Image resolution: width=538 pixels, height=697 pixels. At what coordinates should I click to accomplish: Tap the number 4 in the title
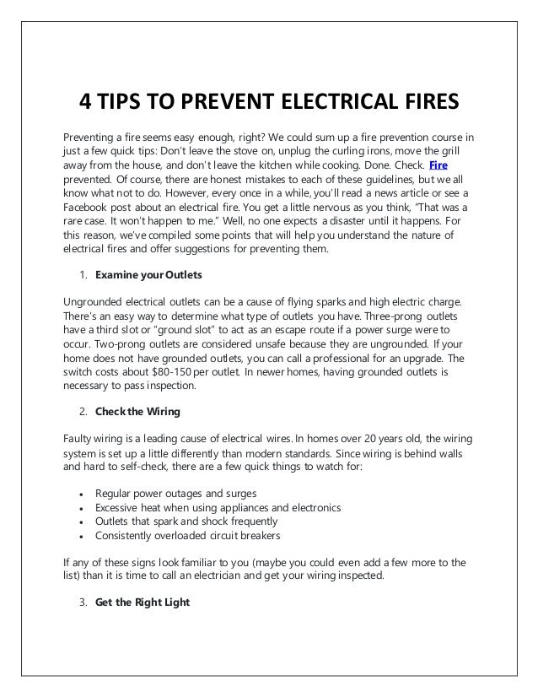[x=86, y=103]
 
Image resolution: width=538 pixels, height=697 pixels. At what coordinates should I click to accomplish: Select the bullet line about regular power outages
[x=176, y=492]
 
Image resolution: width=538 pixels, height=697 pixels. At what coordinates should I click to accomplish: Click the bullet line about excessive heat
[x=218, y=506]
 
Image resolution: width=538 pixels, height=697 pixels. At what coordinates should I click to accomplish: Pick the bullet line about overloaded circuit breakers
[x=188, y=535]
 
